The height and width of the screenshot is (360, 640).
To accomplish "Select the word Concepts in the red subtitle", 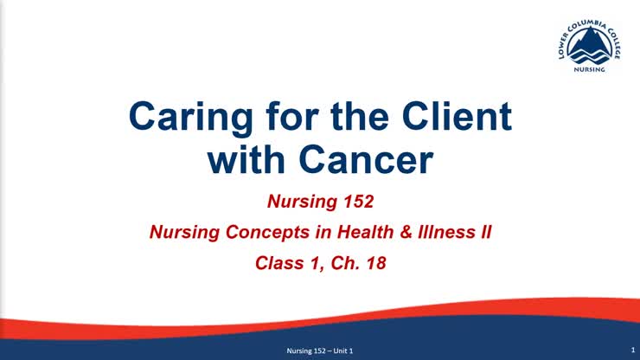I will [x=253, y=232].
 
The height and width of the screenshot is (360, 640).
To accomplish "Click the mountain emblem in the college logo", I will [x=592, y=45].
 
